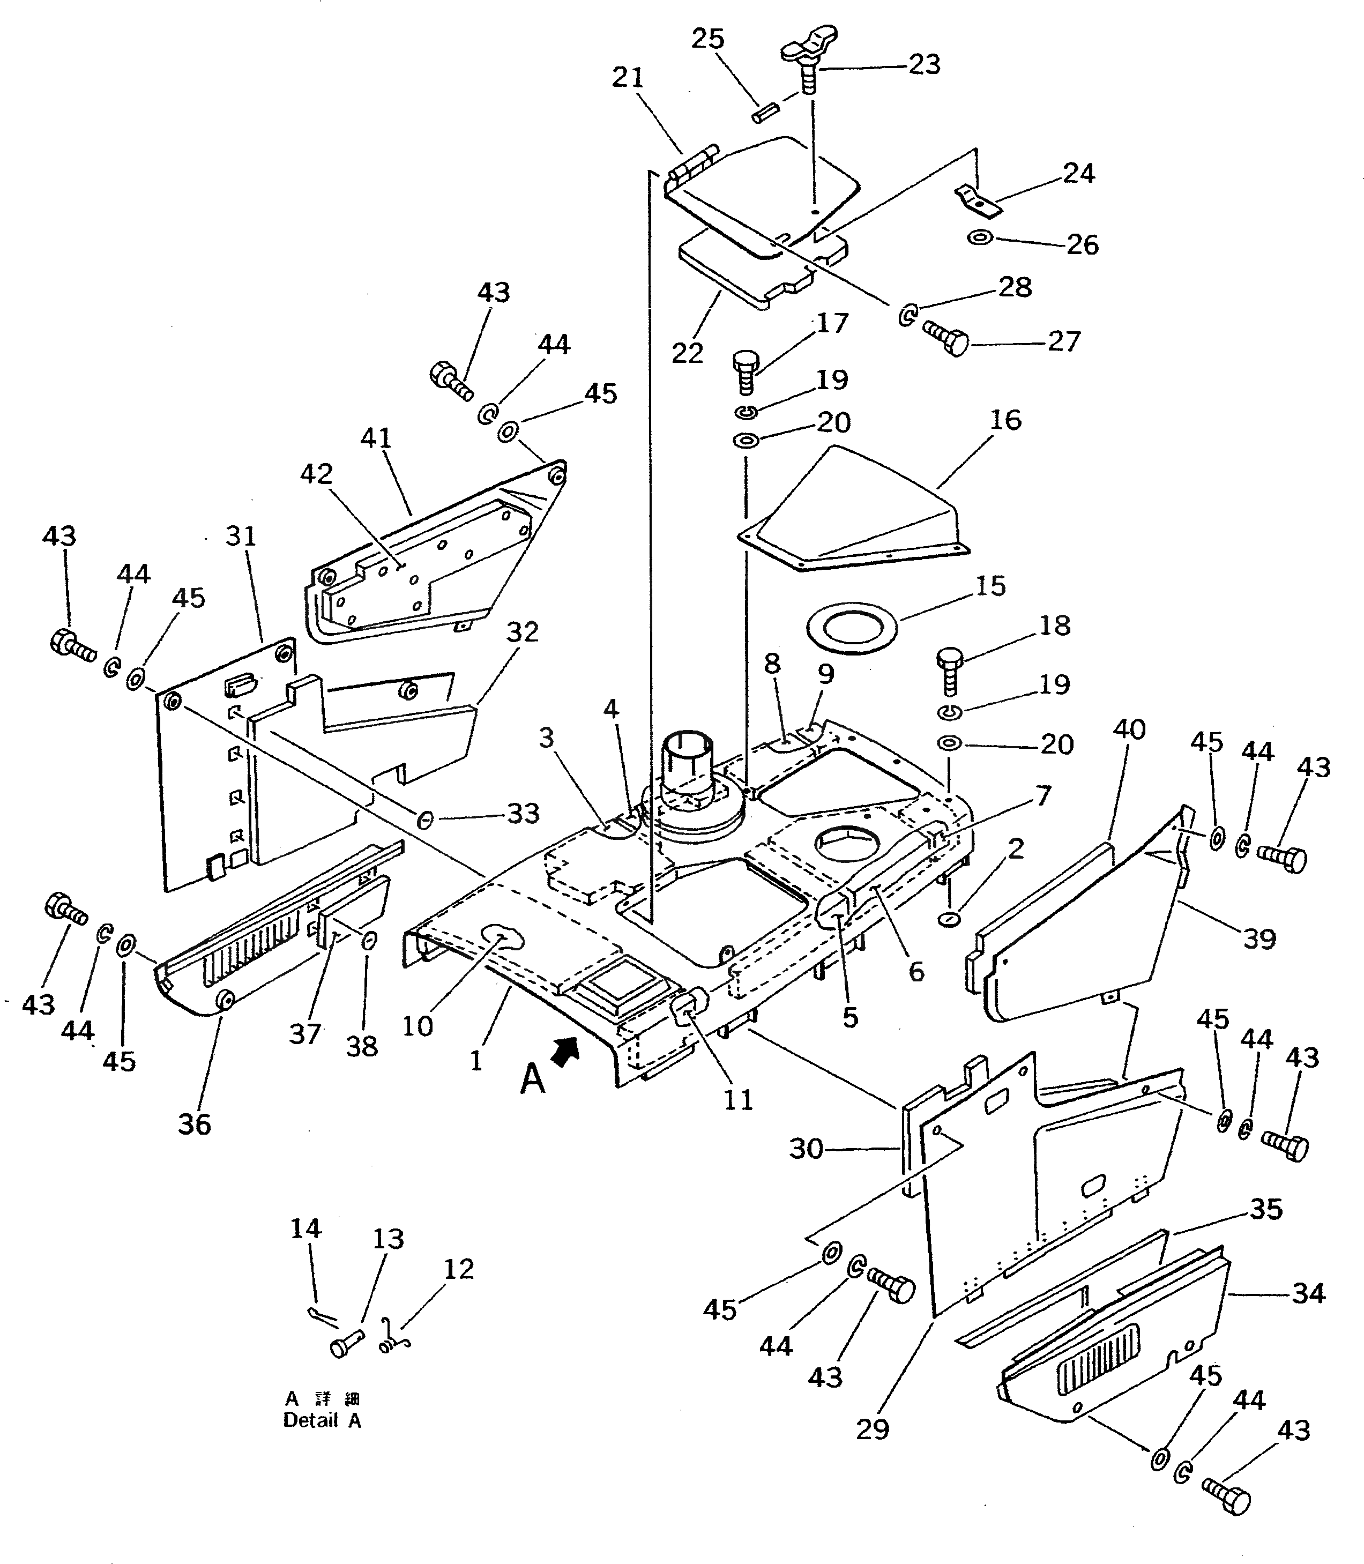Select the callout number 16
1005,420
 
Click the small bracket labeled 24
977,199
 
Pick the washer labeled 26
980,238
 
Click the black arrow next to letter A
565,1053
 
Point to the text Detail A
322,1420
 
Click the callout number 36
194,1124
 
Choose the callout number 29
873,1429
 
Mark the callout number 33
523,814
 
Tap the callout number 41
376,438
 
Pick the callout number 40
1129,730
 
